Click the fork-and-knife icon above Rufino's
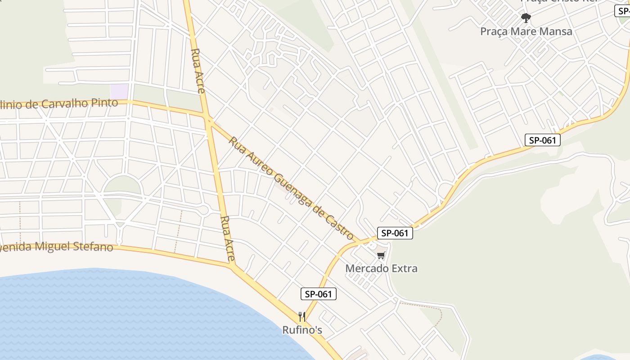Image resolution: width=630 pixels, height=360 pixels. tap(302, 317)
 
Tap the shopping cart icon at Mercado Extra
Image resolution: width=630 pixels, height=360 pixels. tap(381, 256)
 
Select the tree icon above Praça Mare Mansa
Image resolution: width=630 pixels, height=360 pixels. tap(526, 18)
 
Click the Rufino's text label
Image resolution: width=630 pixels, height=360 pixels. tap(302, 330)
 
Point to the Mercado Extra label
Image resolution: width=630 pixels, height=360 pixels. tap(381, 269)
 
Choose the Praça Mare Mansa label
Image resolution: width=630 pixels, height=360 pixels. tap(526, 31)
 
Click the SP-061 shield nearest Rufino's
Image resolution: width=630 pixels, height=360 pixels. tap(319, 294)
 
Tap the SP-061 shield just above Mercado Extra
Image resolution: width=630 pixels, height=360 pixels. tap(395, 233)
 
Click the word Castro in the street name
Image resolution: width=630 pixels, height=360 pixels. tap(339, 224)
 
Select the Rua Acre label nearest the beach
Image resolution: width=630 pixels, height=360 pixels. tap(228, 239)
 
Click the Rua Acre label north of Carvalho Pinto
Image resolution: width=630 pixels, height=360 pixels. tap(198, 71)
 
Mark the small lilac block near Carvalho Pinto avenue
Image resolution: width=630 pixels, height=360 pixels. tap(119, 91)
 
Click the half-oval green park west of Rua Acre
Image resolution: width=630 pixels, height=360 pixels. tap(122, 185)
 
